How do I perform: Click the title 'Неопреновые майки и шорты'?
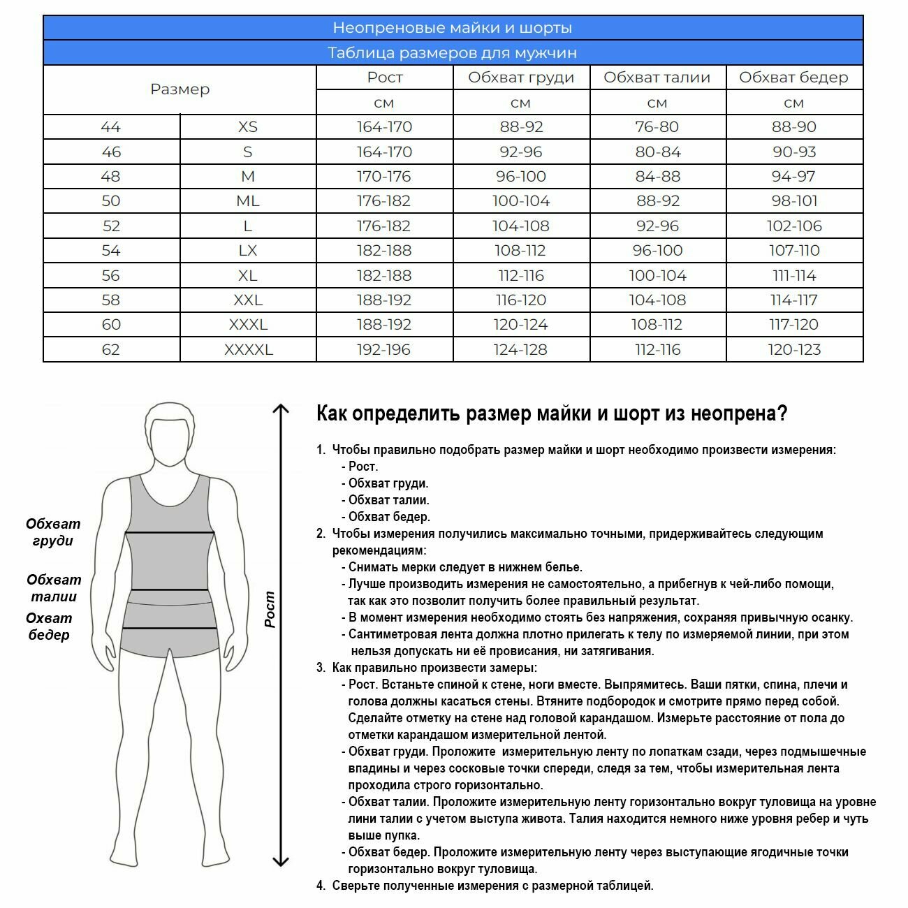453,28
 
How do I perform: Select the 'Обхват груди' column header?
521,78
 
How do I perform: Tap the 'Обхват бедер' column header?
793,78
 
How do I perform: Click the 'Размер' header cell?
180,89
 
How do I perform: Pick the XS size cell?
248,127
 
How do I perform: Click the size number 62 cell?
111,349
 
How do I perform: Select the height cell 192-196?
384,349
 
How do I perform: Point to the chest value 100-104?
521,201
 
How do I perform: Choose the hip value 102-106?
794,226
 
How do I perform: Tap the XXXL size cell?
248,325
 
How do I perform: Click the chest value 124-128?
521,349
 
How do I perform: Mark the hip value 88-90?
794,127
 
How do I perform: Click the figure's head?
170,433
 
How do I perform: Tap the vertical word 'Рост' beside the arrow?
270,609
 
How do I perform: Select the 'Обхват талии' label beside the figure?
54,588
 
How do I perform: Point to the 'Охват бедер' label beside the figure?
49,627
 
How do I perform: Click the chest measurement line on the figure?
170,533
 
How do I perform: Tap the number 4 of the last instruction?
321,886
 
